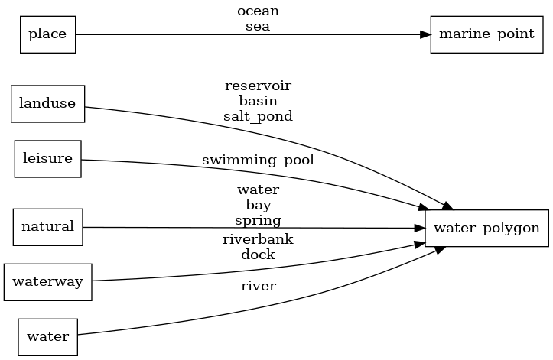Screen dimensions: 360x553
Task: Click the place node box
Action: click(47, 34)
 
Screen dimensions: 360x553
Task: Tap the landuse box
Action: click(47, 103)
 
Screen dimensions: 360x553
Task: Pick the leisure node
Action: click(48, 159)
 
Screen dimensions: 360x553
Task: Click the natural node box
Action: click(47, 226)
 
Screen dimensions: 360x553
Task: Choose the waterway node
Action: click(48, 281)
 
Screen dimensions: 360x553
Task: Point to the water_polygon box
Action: click(486, 228)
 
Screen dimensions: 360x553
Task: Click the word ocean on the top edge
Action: click(258, 11)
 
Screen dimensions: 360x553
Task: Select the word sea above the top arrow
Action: click(258, 26)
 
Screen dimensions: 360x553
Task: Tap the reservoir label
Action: click(258, 85)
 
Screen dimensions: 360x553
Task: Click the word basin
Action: click(258, 100)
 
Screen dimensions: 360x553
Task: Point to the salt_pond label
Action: click(258, 115)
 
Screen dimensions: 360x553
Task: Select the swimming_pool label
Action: click(258, 161)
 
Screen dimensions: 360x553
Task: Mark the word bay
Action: click(258, 205)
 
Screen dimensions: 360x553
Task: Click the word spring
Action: click(258, 220)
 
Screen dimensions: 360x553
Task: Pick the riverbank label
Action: click(258, 239)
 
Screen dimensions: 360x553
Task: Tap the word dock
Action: click(258, 255)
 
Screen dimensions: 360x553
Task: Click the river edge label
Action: click(258, 286)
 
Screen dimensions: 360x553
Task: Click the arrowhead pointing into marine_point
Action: click(425, 34)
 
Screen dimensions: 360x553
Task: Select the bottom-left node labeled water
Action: click(48, 336)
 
